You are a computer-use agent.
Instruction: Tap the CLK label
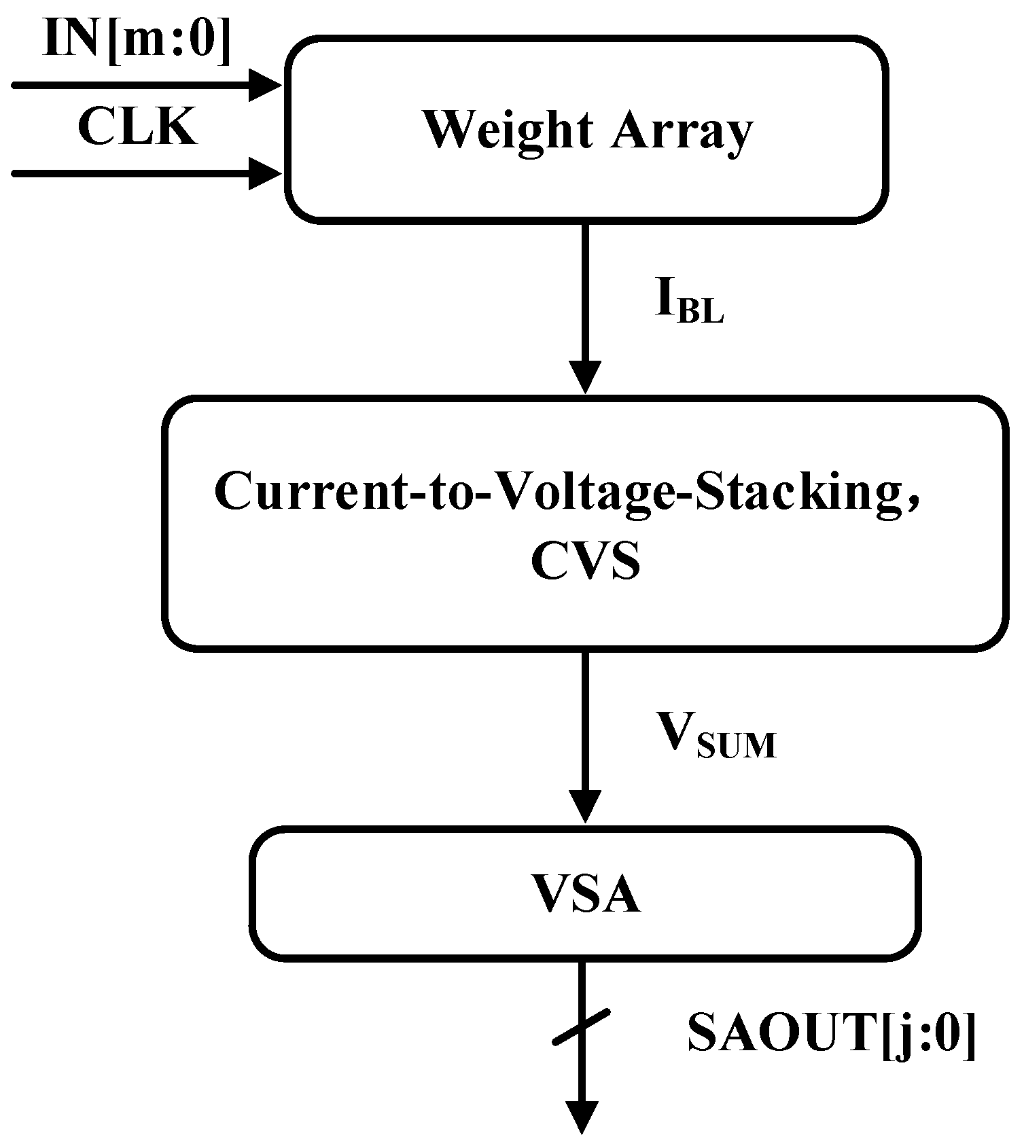137,127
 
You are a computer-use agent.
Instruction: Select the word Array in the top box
682,131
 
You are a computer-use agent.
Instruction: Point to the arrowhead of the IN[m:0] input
264,85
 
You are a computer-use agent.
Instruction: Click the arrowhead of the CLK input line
264,173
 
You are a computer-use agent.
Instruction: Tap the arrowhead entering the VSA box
584,807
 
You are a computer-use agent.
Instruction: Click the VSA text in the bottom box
586,895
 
